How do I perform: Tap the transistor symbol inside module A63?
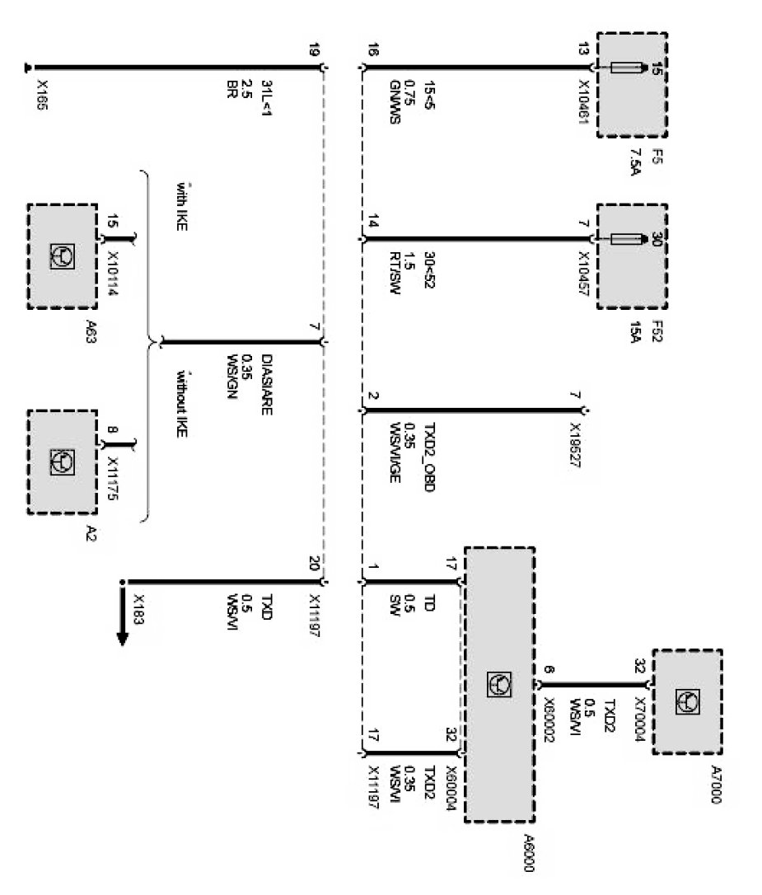click(x=63, y=256)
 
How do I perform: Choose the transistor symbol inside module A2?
click(x=63, y=461)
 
